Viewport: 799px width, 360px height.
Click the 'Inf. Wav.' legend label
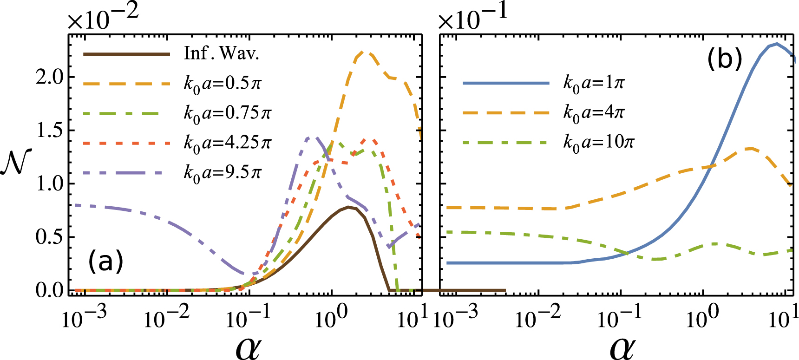point(221,54)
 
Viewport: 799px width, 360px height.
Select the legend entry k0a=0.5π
point(223,84)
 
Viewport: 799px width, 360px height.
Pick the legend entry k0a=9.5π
point(223,173)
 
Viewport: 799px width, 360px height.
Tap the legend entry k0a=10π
point(598,142)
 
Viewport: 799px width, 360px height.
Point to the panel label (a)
point(106,261)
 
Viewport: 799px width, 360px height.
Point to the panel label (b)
point(725,59)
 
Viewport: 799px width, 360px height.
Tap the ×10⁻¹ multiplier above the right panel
point(473,19)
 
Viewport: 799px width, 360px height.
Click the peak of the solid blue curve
point(776,44)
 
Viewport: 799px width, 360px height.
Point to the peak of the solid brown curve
point(348,207)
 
